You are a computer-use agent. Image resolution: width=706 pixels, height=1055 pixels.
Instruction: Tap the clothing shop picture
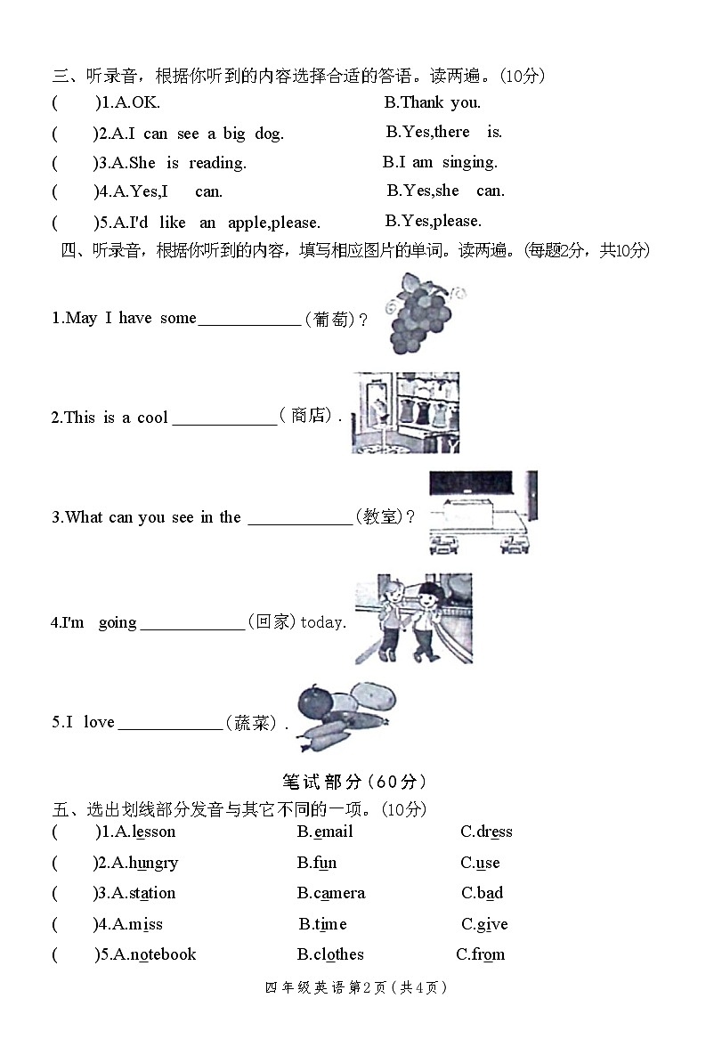pyautogui.click(x=405, y=412)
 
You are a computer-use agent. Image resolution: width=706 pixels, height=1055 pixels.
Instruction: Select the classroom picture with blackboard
pyautogui.click(x=483, y=513)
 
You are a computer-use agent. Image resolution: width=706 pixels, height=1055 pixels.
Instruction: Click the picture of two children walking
pyautogui.click(x=413, y=619)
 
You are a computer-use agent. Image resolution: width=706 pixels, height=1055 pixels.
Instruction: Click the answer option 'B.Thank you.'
pyautogui.click(x=432, y=102)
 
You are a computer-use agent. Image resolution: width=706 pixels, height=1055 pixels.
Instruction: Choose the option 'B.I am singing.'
pyautogui.click(x=440, y=162)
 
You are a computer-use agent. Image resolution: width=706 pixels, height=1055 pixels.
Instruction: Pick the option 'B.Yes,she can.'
pyautogui.click(x=445, y=191)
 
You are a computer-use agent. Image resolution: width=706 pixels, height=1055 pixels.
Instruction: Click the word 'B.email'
pyautogui.click(x=325, y=832)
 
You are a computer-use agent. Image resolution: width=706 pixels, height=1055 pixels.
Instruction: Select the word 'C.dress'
pyautogui.click(x=486, y=832)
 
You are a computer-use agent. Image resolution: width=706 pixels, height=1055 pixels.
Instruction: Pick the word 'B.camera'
pyautogui.click(x=331, y=893)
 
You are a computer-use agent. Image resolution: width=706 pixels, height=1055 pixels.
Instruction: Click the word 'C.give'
pyautogui.click(x=484, y=924)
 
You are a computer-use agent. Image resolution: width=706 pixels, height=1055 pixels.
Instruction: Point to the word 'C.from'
pyautogui.click(x=481, y=954)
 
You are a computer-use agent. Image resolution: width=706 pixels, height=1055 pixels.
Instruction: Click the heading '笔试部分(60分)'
pyautogui.click(x=354, y=782)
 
